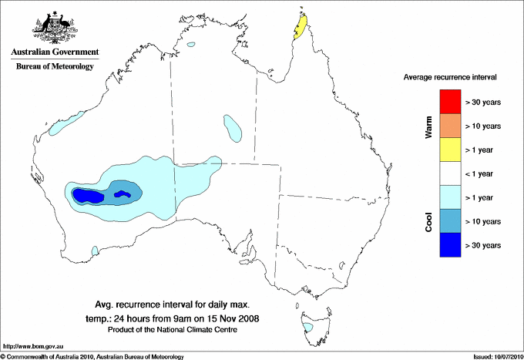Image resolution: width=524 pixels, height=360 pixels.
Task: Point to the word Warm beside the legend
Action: (429, 125)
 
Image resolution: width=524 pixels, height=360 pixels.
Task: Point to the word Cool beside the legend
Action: (429, 220)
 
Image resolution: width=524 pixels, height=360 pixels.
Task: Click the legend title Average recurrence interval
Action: (450, 78)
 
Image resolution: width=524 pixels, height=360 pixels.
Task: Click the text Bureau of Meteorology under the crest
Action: (55, 67)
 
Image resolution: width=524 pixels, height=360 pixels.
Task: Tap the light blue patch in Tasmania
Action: (308, 328)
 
